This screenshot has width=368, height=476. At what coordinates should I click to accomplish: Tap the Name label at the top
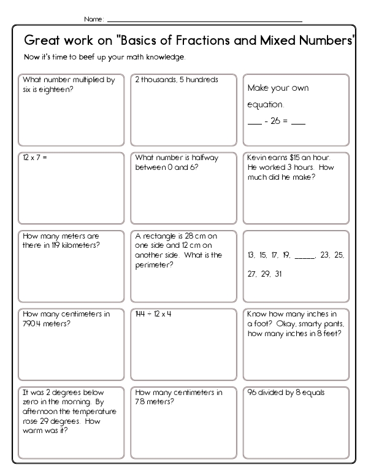[x=93, y=20]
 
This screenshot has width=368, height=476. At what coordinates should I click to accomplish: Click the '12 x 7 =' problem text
[x=35, y=158]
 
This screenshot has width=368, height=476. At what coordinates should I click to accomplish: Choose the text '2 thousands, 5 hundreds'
[x=177, y=80]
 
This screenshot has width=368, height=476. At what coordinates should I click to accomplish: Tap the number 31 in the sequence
[x=278, y=274]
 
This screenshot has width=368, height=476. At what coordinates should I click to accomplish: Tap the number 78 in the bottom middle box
[x=139, y=402]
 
